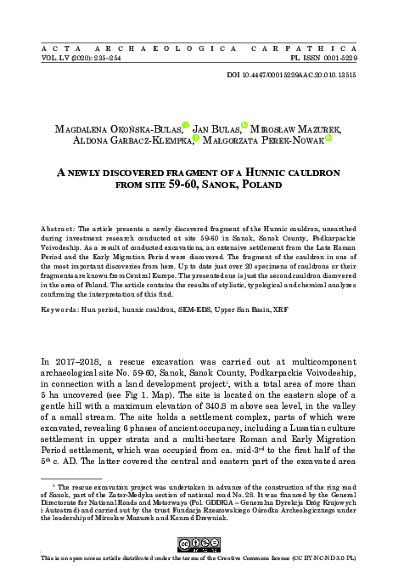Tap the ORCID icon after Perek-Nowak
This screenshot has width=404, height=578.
click(328, 141)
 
